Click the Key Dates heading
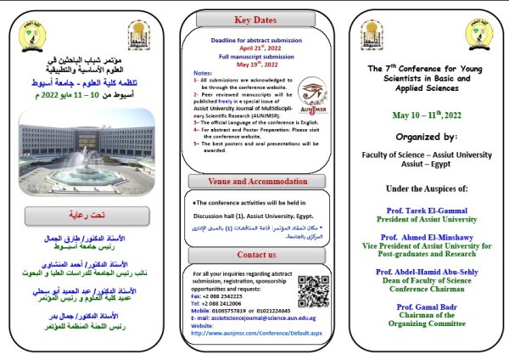point(255,19)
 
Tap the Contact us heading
point(255,254)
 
